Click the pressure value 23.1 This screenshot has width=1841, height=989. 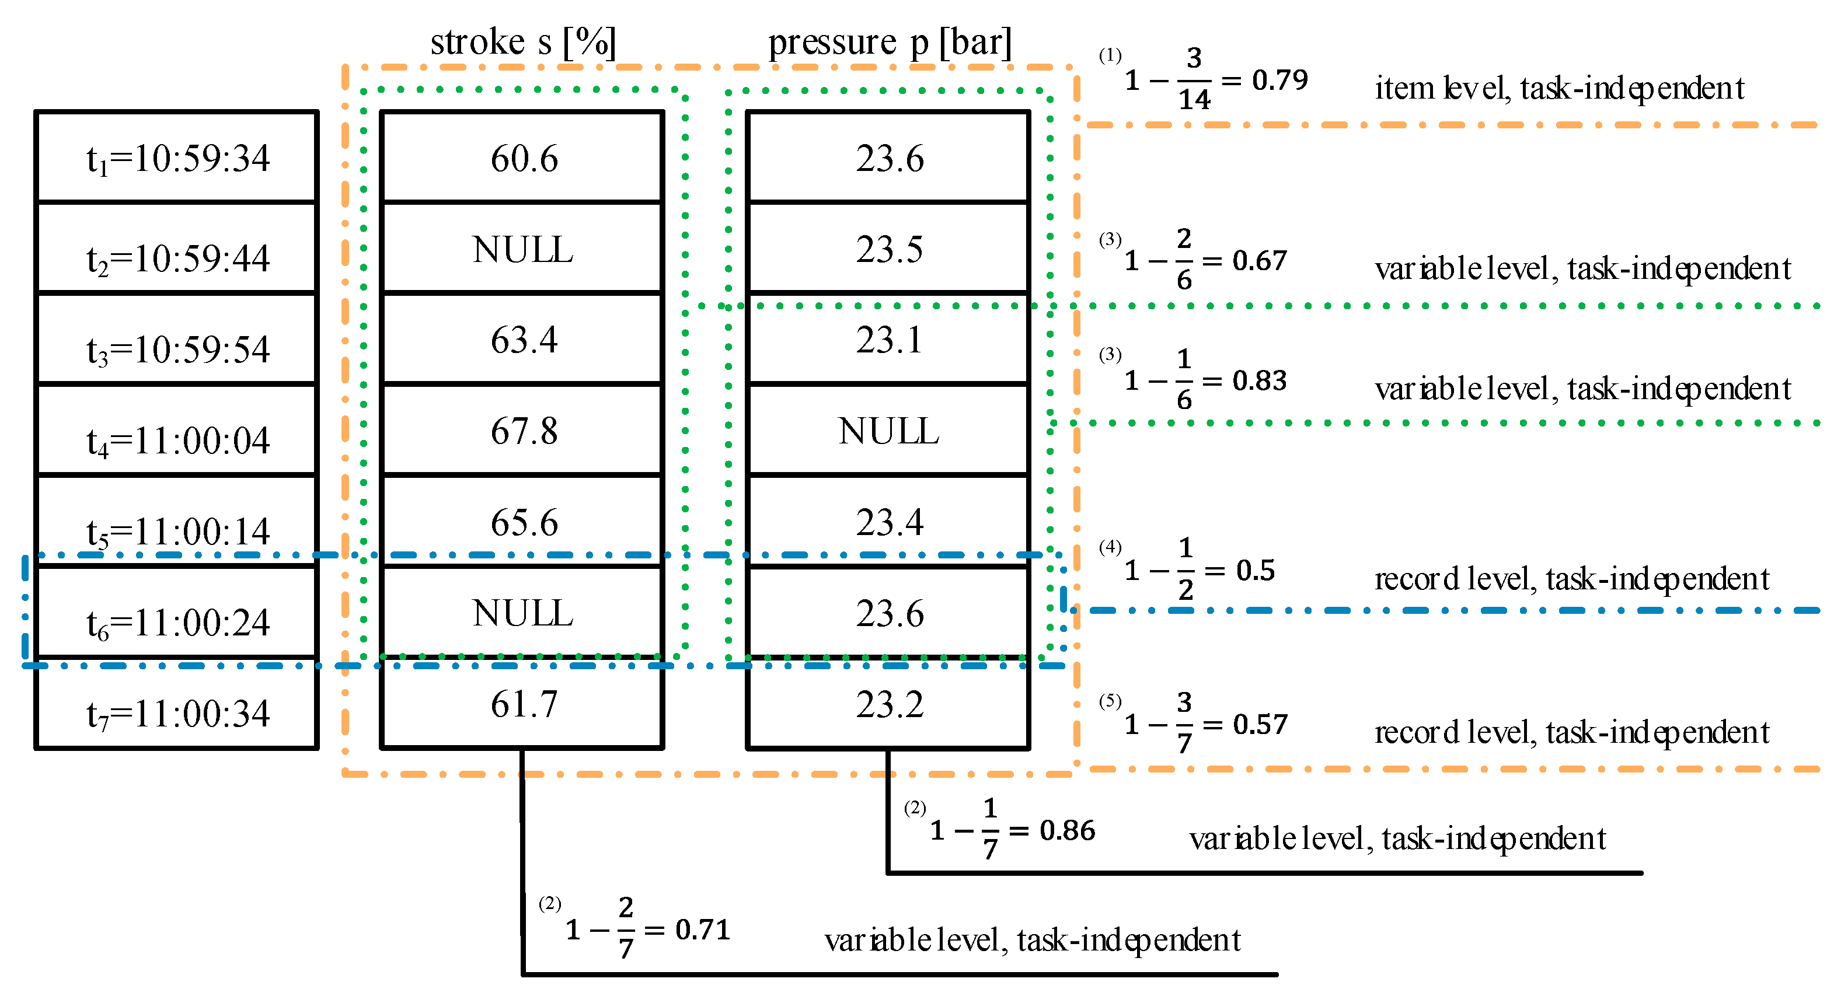(x=888, y=340)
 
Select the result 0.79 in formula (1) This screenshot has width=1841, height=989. (x=1279, y=79)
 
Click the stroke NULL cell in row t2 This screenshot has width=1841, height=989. (x=523, y=249)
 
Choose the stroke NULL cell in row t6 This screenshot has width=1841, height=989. (x=523, y=613)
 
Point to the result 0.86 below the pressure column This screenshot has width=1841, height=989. (x=1067, y=830)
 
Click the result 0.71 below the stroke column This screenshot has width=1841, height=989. (x=703, y=929)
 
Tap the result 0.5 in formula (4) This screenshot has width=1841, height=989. (x=1255, y=569)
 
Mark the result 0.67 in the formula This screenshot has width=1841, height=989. (x=1259, y=260)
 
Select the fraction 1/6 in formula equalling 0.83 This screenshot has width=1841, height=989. (x=1184, y=379)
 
